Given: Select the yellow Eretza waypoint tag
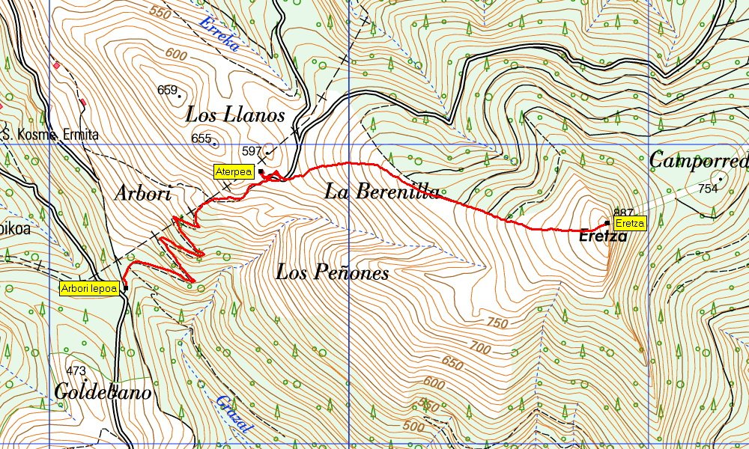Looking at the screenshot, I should click(628, 224).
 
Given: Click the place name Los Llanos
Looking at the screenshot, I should click(235, 115).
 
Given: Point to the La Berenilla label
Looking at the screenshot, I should click(382, 192).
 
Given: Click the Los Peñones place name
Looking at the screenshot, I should click(332, 272).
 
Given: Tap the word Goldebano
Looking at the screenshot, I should click(103, 393).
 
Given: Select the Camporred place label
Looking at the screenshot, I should click(698, 160).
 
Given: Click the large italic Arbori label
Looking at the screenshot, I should click(143, 193).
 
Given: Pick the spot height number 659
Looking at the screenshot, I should click(167, 90).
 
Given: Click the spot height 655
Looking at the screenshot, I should click(201, 138).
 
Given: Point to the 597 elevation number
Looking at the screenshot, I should click(252, 151).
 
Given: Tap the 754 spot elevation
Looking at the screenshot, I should click(707, 189).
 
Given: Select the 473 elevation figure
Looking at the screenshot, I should click(76, 371).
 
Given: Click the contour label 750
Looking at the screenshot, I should click(497, 323).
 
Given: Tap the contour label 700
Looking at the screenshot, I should click(479, 346).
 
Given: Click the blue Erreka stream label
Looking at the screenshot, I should click(219, 34).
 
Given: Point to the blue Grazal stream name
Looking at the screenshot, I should click(235, 413).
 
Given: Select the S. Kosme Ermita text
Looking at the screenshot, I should click(51, 135).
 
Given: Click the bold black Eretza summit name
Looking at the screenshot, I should click(603, 236).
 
